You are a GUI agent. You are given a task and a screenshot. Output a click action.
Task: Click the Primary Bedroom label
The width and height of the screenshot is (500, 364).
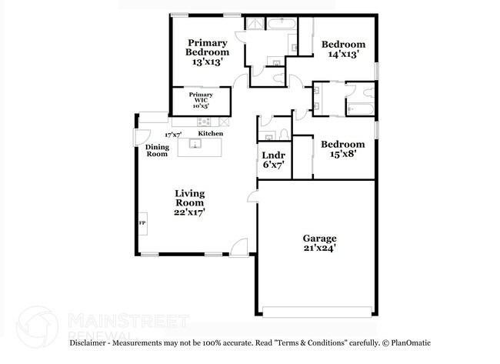pos(208,48)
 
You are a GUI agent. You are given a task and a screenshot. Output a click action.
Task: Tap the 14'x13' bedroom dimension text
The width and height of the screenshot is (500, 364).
pos(343,55)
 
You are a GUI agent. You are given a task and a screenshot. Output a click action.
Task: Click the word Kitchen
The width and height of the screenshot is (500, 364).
pos(211,134)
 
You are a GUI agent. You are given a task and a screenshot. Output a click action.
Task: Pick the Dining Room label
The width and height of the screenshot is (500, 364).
pos(157,151)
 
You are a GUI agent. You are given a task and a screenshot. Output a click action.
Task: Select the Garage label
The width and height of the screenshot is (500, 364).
pos(319,239)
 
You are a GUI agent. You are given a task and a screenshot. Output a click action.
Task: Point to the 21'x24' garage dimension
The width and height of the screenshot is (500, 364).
pos(319,249)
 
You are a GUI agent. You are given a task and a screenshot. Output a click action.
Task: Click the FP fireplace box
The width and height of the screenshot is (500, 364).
pos(142,223)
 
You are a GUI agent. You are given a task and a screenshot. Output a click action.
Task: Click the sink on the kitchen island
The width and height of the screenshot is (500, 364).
pos(195,144)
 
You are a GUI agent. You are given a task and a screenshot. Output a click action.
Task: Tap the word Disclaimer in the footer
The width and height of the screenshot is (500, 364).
pos(92,342)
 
